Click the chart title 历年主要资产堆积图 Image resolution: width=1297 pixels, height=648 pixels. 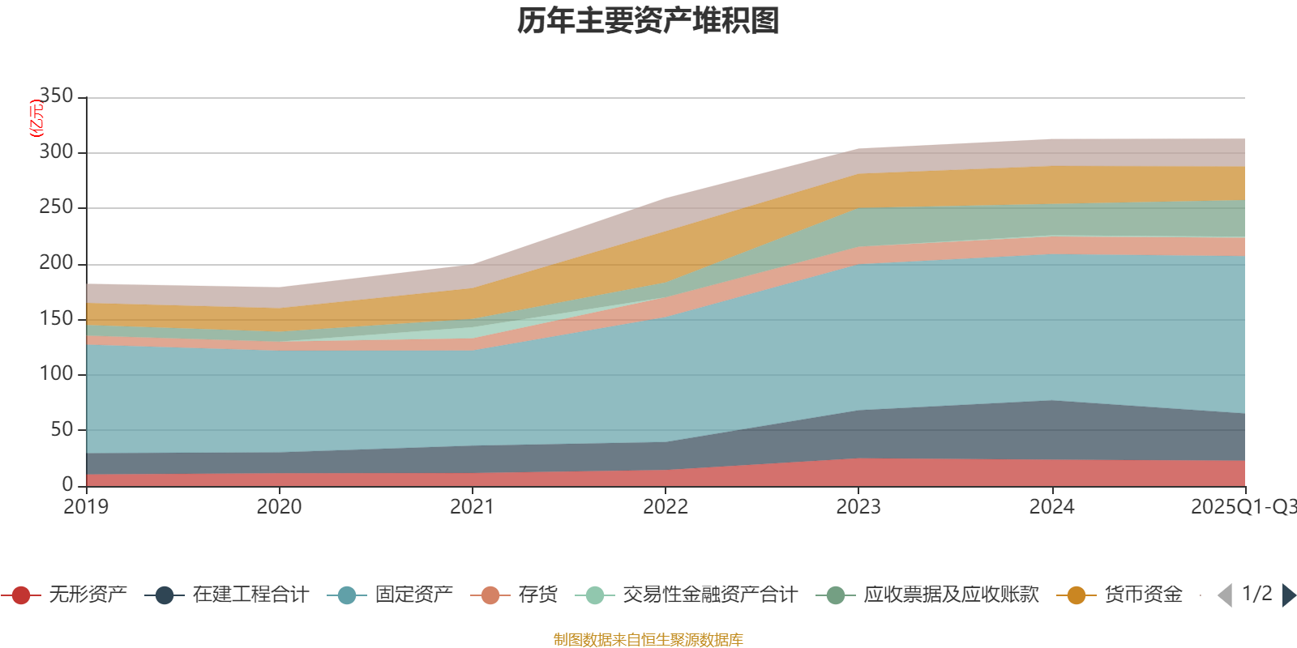648,21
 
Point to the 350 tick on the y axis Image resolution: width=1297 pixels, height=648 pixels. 56,96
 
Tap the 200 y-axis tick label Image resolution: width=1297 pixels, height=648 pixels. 56,263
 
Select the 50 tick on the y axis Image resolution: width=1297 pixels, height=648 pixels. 62,429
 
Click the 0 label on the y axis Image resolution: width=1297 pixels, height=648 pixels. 67,484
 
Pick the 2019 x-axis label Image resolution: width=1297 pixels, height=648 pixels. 86,507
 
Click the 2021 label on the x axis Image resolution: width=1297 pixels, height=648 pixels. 472,507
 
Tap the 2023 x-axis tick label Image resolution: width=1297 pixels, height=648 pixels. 858,507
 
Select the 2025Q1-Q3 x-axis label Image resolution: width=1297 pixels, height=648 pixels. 1243,507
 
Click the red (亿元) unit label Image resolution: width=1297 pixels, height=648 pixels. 36,118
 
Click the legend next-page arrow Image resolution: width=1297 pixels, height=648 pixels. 1289,595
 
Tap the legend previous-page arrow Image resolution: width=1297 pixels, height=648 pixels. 1225,595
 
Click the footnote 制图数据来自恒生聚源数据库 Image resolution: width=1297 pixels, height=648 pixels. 648,640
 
